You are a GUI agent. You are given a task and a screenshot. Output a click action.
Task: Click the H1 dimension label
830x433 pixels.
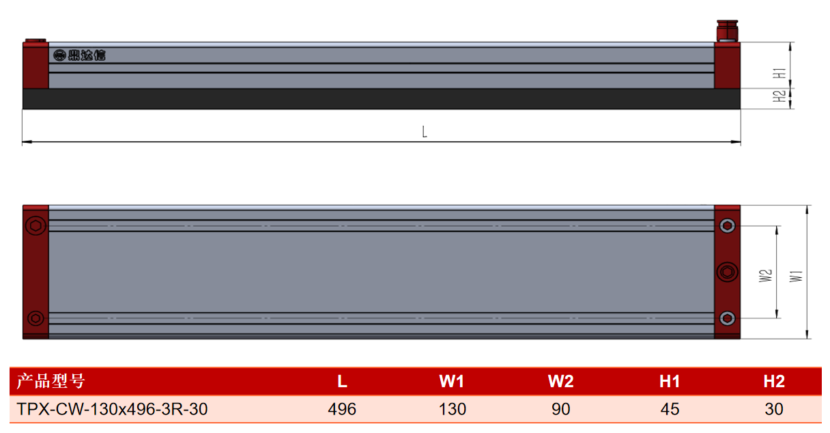pyautogui.click(x=779, y=73)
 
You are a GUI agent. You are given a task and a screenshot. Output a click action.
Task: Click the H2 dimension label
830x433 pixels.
pyautogui.click(x=779, y=96)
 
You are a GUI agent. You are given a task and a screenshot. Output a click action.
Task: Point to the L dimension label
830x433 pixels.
pyautogui.click(x=425, y=132)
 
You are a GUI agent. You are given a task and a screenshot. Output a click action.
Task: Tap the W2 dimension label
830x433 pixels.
pyautogui.click(x=765, y=276)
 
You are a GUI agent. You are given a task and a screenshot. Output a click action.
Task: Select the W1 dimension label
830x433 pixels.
pyautogui.click(x=796, y=277)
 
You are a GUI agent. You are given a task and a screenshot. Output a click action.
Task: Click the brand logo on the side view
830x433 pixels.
pyautogui.click(x=79, y=55)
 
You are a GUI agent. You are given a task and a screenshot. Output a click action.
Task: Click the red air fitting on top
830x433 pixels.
pyautogui.click(x=727, y=31)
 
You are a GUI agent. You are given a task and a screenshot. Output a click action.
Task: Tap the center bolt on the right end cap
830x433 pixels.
pyautogui.click(x=727, y=272)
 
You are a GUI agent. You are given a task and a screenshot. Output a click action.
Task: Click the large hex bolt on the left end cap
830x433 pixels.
pyautogui.click(x=36, y=225)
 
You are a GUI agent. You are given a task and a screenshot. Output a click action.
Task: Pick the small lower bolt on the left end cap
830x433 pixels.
pyautogui.click(x=36, y=318)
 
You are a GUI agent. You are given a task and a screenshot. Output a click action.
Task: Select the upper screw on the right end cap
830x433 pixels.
pyautogui.click(x=727, y=225)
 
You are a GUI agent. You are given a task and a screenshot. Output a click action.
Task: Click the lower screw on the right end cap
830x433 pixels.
pyautogui.click(x=727, y=318)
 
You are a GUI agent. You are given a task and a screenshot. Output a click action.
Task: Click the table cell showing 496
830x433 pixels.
pyautogui.click(x=342, y=409)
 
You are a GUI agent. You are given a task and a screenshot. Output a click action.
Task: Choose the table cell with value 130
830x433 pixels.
pyautogui.click(x=452, y=409)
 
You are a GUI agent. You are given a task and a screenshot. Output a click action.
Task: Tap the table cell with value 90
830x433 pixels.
pyautogui.click(x=560, y=409)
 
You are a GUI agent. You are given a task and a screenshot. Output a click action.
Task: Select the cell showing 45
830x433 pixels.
pyautogui.click(x=670, y=409)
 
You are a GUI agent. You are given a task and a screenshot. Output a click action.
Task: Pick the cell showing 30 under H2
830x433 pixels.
pyautogui.click(x=773, y=409)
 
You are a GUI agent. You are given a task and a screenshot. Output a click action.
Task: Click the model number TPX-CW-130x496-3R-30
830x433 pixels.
pyautogui.click(x=112, y=409)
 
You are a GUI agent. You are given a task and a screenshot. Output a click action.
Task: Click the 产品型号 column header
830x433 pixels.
pyautogui.click(x=51, y=381)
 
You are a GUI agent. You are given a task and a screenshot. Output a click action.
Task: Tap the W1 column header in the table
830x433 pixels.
pyautogui.click(x=452, y=382)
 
